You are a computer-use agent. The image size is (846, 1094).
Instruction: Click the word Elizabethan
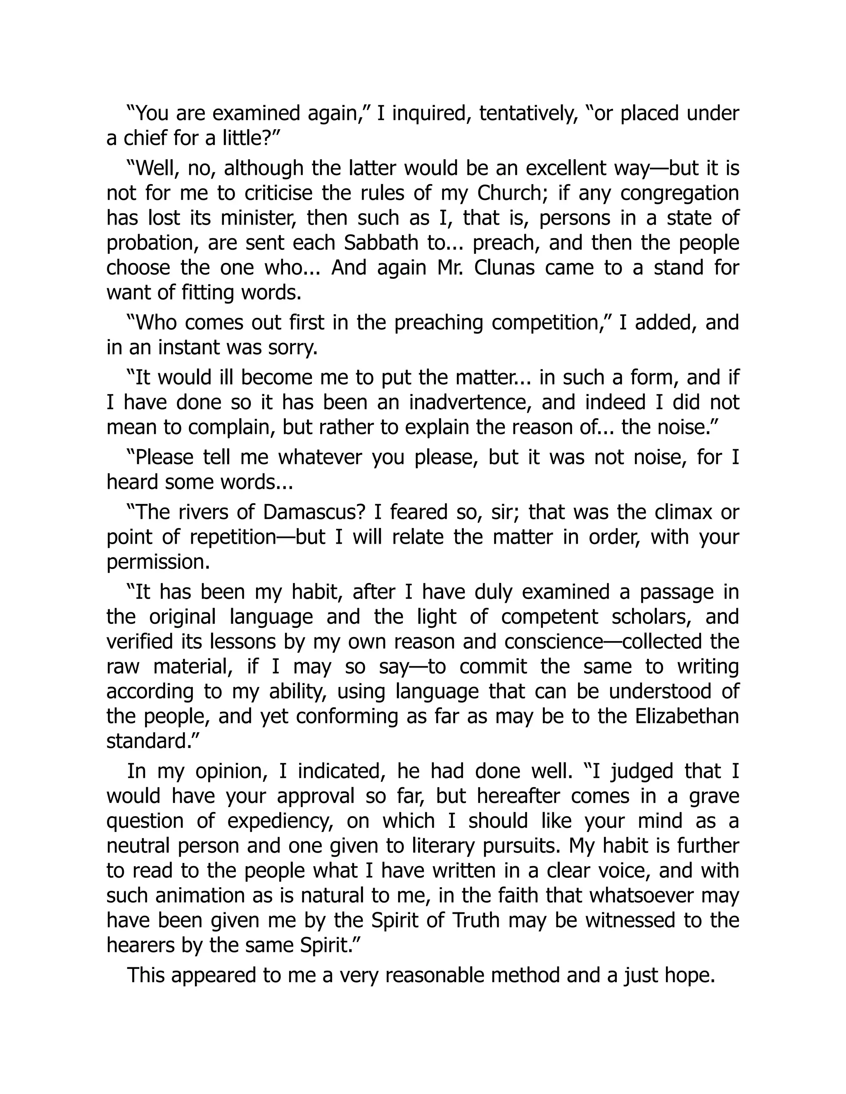tap(687, 716)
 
